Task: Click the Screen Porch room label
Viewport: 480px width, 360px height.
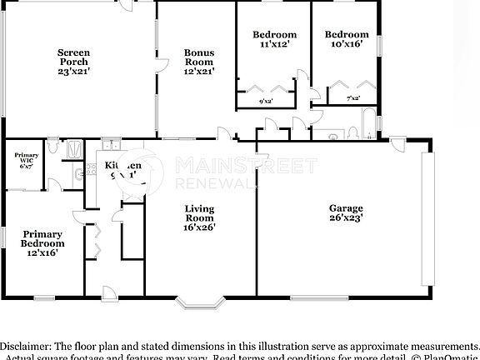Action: [73, 62]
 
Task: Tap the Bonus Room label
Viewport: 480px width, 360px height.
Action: [199, 62]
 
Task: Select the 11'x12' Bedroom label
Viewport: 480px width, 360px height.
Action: [274, 39]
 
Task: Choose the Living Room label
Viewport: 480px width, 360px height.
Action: [199, 217]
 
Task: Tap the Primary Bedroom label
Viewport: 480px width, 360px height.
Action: [42, 243]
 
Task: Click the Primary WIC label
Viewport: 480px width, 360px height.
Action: [26, 161]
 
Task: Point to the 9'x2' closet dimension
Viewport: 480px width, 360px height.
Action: [266, 101]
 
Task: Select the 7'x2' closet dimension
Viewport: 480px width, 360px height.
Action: [352, 99]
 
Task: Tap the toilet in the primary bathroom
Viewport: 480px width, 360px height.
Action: [53, 147]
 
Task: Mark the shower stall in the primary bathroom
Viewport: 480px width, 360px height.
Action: [74, 148]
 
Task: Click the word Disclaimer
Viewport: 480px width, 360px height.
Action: [24, 345]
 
